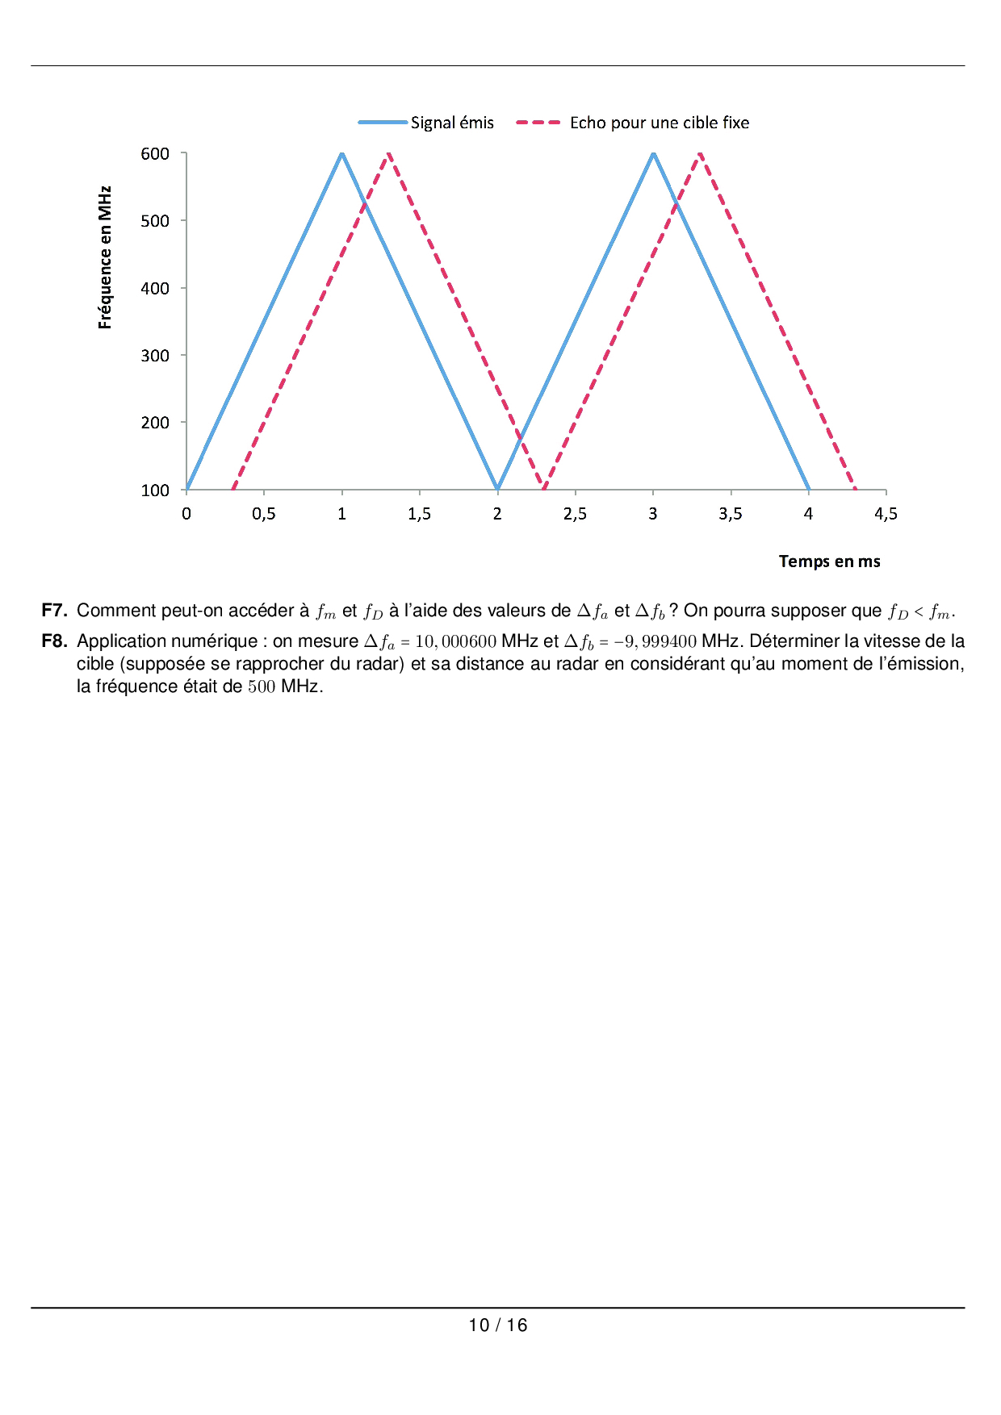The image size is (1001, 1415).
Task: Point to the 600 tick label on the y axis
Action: pyautogui.click(x=155, y=153)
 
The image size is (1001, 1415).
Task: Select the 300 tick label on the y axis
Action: pyautogui.click(x=155, y=355)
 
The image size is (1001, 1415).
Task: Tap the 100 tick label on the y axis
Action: pyautogui.click(x=155, y=490)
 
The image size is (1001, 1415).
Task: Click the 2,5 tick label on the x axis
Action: pyautogui.click(x=575, y=514)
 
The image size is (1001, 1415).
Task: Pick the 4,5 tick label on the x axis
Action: pyautogui.click(x=886, y=514)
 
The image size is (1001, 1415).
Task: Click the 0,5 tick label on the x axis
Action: pyautogui.click(x=264, y=514)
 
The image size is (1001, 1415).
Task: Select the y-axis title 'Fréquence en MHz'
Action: pyautogui.click(x=105, y=257)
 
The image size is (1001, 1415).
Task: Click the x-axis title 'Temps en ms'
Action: pyautogui.click(x=829, y=561)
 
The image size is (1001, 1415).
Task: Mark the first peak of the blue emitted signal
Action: pyautogui.click(x=342, y=152)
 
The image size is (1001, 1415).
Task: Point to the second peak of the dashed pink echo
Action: pyautogui.click(x=700, y=152)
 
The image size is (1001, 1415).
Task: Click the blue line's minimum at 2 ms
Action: pyautogui.click(x=497, y=488)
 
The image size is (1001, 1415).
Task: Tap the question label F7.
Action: pyautogui.click(x=54, y=611)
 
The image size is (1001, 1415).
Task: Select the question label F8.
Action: pyautogui.click(x=54, y=641)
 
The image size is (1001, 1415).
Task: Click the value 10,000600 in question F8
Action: pyautogui.click(x=455, y=642)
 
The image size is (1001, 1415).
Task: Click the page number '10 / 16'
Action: pyautogui.click(x=498, y=1325)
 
